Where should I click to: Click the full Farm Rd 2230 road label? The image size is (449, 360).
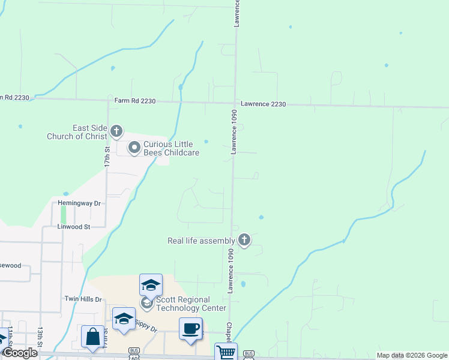pos(135,101)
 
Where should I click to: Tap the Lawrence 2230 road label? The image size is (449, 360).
pos(264,104)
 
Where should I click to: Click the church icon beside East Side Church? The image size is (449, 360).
pos(116,131)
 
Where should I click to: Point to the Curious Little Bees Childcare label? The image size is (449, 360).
pos(171,148)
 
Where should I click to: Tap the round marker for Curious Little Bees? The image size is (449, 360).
pos(134,146)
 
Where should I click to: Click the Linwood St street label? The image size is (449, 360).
pos(73,227)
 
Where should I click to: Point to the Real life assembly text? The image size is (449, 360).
pos(201,241)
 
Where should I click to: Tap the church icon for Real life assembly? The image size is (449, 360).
pos(244,240)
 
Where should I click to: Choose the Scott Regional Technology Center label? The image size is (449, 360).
pos(191,304)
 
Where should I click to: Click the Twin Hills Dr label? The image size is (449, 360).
pos(85,298)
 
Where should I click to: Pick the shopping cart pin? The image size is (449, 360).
pos(226,352)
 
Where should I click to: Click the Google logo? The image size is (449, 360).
pos(19,353)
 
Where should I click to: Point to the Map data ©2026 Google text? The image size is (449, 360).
pos(412,355)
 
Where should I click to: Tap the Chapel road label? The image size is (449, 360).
pos(229,329)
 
